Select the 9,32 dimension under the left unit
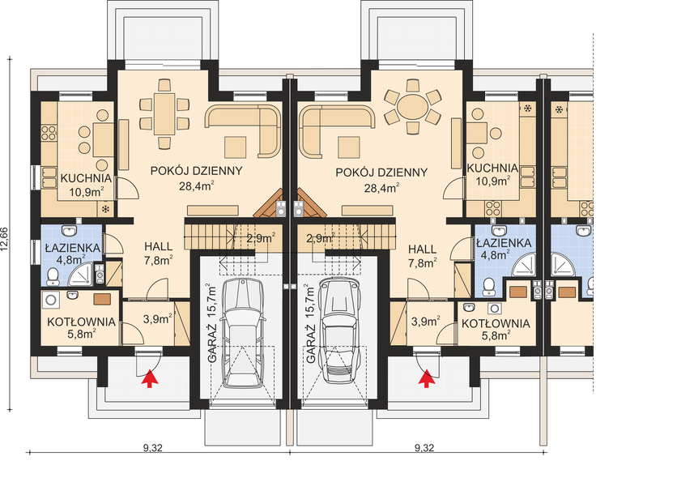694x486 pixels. (x=153, y=447)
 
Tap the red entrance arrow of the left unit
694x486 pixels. (x=149, y=379)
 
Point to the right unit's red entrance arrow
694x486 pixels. (x=426, y=379)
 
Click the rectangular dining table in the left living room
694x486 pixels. (x=164, y=113)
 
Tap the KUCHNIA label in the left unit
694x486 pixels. (x=86, y=178)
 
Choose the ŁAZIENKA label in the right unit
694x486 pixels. (x=504, y=243)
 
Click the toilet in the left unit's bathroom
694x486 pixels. (x=53, y=276)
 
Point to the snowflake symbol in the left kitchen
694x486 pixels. (x=106, y=209)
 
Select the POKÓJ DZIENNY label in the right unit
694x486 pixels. (x=381, y=173)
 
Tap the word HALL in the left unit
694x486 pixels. (x=158, y=246)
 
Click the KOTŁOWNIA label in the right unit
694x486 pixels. (x=496, y=323)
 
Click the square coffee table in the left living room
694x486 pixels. (x=235, y=147)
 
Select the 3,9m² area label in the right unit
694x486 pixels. (x=425, y=321)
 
